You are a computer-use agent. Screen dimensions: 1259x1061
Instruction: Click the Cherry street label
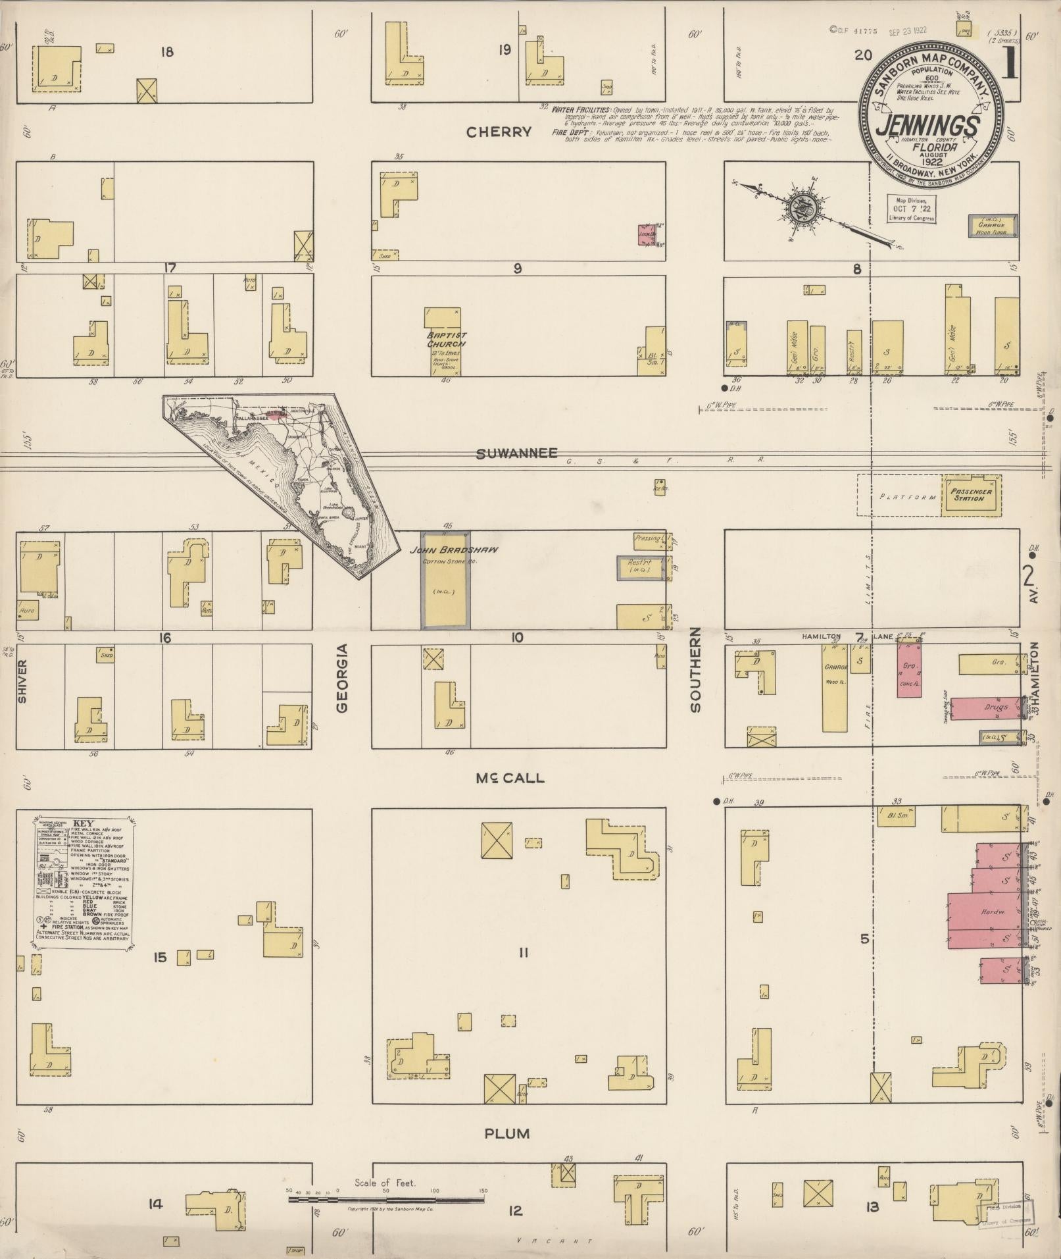tap(498, 132)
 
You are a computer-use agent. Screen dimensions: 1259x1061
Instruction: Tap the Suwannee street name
tap(516, 453)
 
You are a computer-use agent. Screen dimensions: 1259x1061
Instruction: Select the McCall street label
tap(510, 778)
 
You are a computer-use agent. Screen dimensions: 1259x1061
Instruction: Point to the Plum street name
tap(506, 1133)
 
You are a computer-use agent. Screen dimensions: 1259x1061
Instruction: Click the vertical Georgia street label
tap(341, 678)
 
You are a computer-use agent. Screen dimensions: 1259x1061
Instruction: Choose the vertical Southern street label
tap(695, 669)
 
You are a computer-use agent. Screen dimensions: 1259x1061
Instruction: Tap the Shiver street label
tap(22, 681)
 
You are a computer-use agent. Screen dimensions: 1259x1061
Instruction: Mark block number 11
tap(523, 952)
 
